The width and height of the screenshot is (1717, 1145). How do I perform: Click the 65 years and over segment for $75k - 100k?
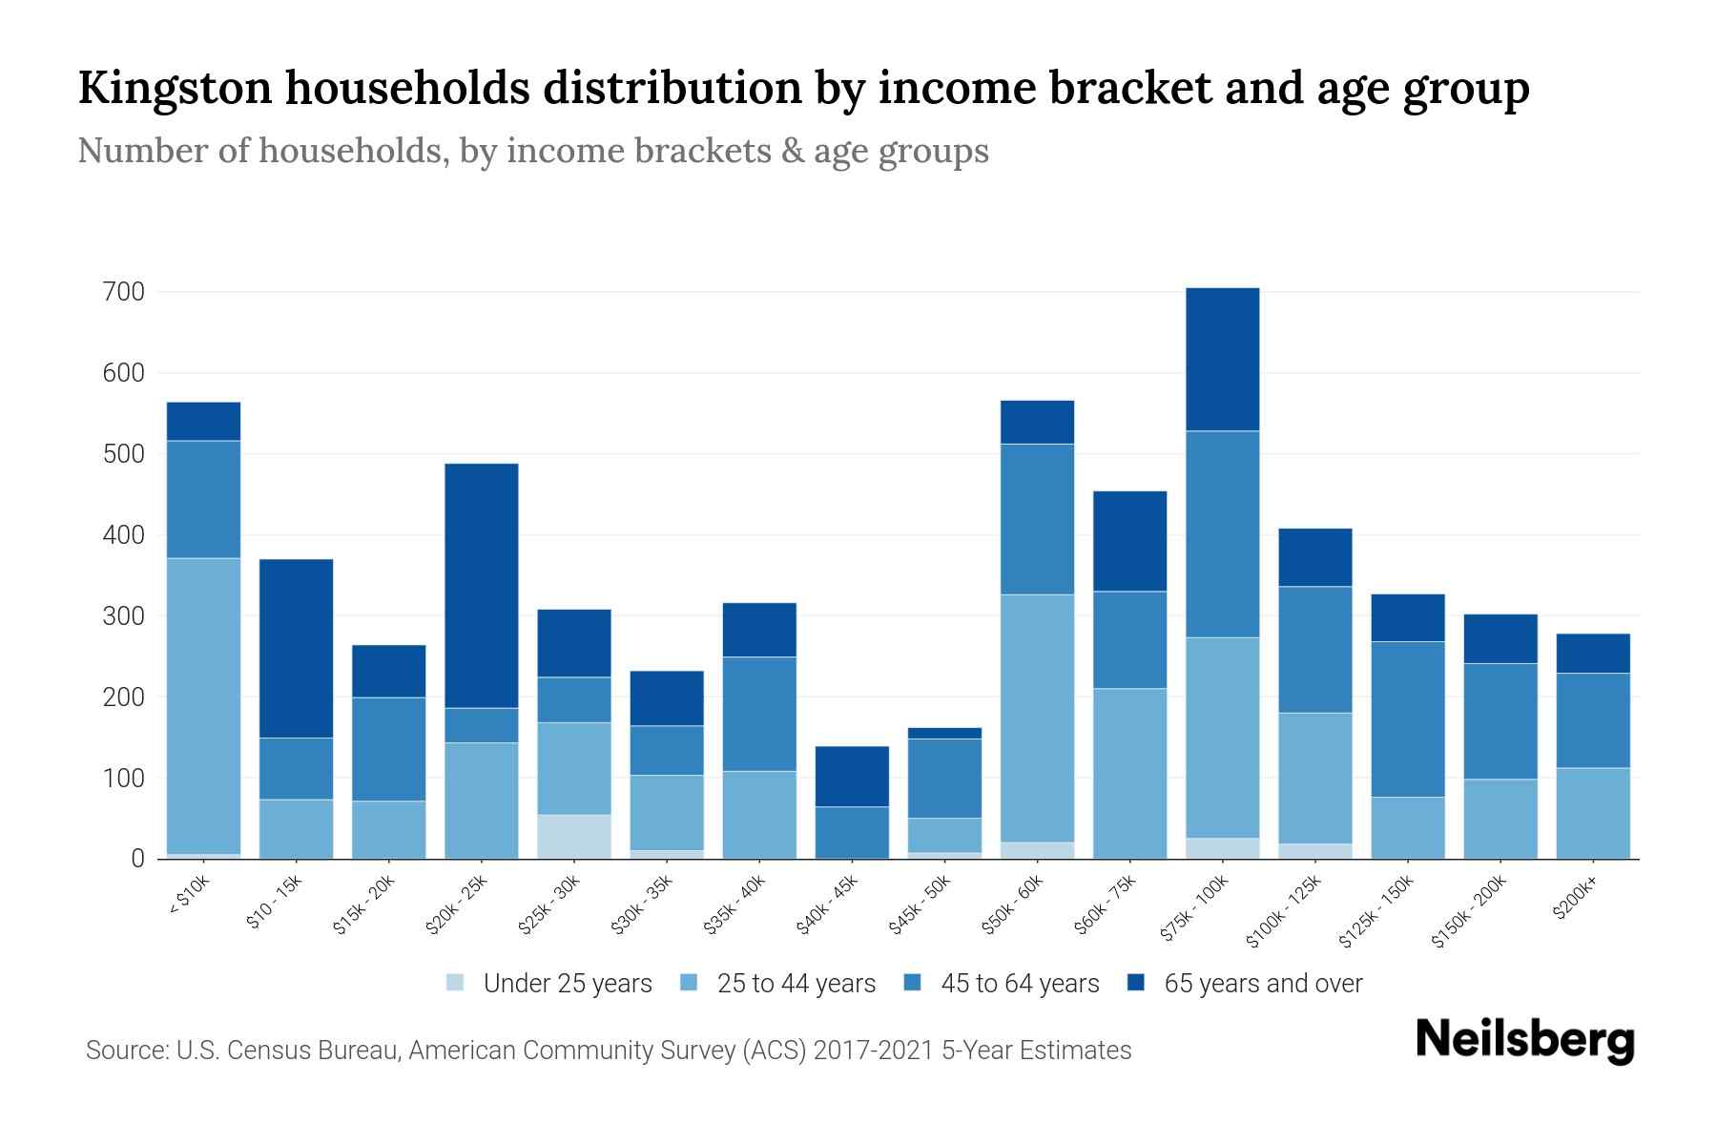(x=1222, y=359)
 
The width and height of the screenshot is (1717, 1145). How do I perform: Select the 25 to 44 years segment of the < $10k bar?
(x=203, y=705)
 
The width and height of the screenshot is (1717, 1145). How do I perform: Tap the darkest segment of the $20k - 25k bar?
(x=482, y=585)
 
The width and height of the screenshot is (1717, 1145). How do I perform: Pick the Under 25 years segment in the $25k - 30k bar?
(x=574, y=836)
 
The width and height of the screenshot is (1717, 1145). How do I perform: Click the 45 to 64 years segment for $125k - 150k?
(x=1407, y=718)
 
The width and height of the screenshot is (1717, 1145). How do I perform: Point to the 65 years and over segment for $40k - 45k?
(x=852, y=776)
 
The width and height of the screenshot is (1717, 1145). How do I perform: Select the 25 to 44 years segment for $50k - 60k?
(x=1037, y=718)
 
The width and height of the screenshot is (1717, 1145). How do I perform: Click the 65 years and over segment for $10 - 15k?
(x=296, y=648)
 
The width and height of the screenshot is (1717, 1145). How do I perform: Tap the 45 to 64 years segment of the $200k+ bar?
(x=1592, y=719)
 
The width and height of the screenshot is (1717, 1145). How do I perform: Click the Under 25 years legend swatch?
(x=455, y=983)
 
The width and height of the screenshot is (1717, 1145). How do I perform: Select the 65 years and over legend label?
(x=1262, y=983)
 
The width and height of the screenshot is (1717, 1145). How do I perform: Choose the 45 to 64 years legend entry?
(x=1019, y=983)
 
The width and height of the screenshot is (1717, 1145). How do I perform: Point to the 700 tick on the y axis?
(x=123, y=292)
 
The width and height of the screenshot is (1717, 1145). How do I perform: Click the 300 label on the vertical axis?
(x=123, y=616)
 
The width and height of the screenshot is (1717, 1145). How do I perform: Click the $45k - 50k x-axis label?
(x=920, y=906)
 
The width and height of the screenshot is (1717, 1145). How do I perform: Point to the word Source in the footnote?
(x=125, y=1051)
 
